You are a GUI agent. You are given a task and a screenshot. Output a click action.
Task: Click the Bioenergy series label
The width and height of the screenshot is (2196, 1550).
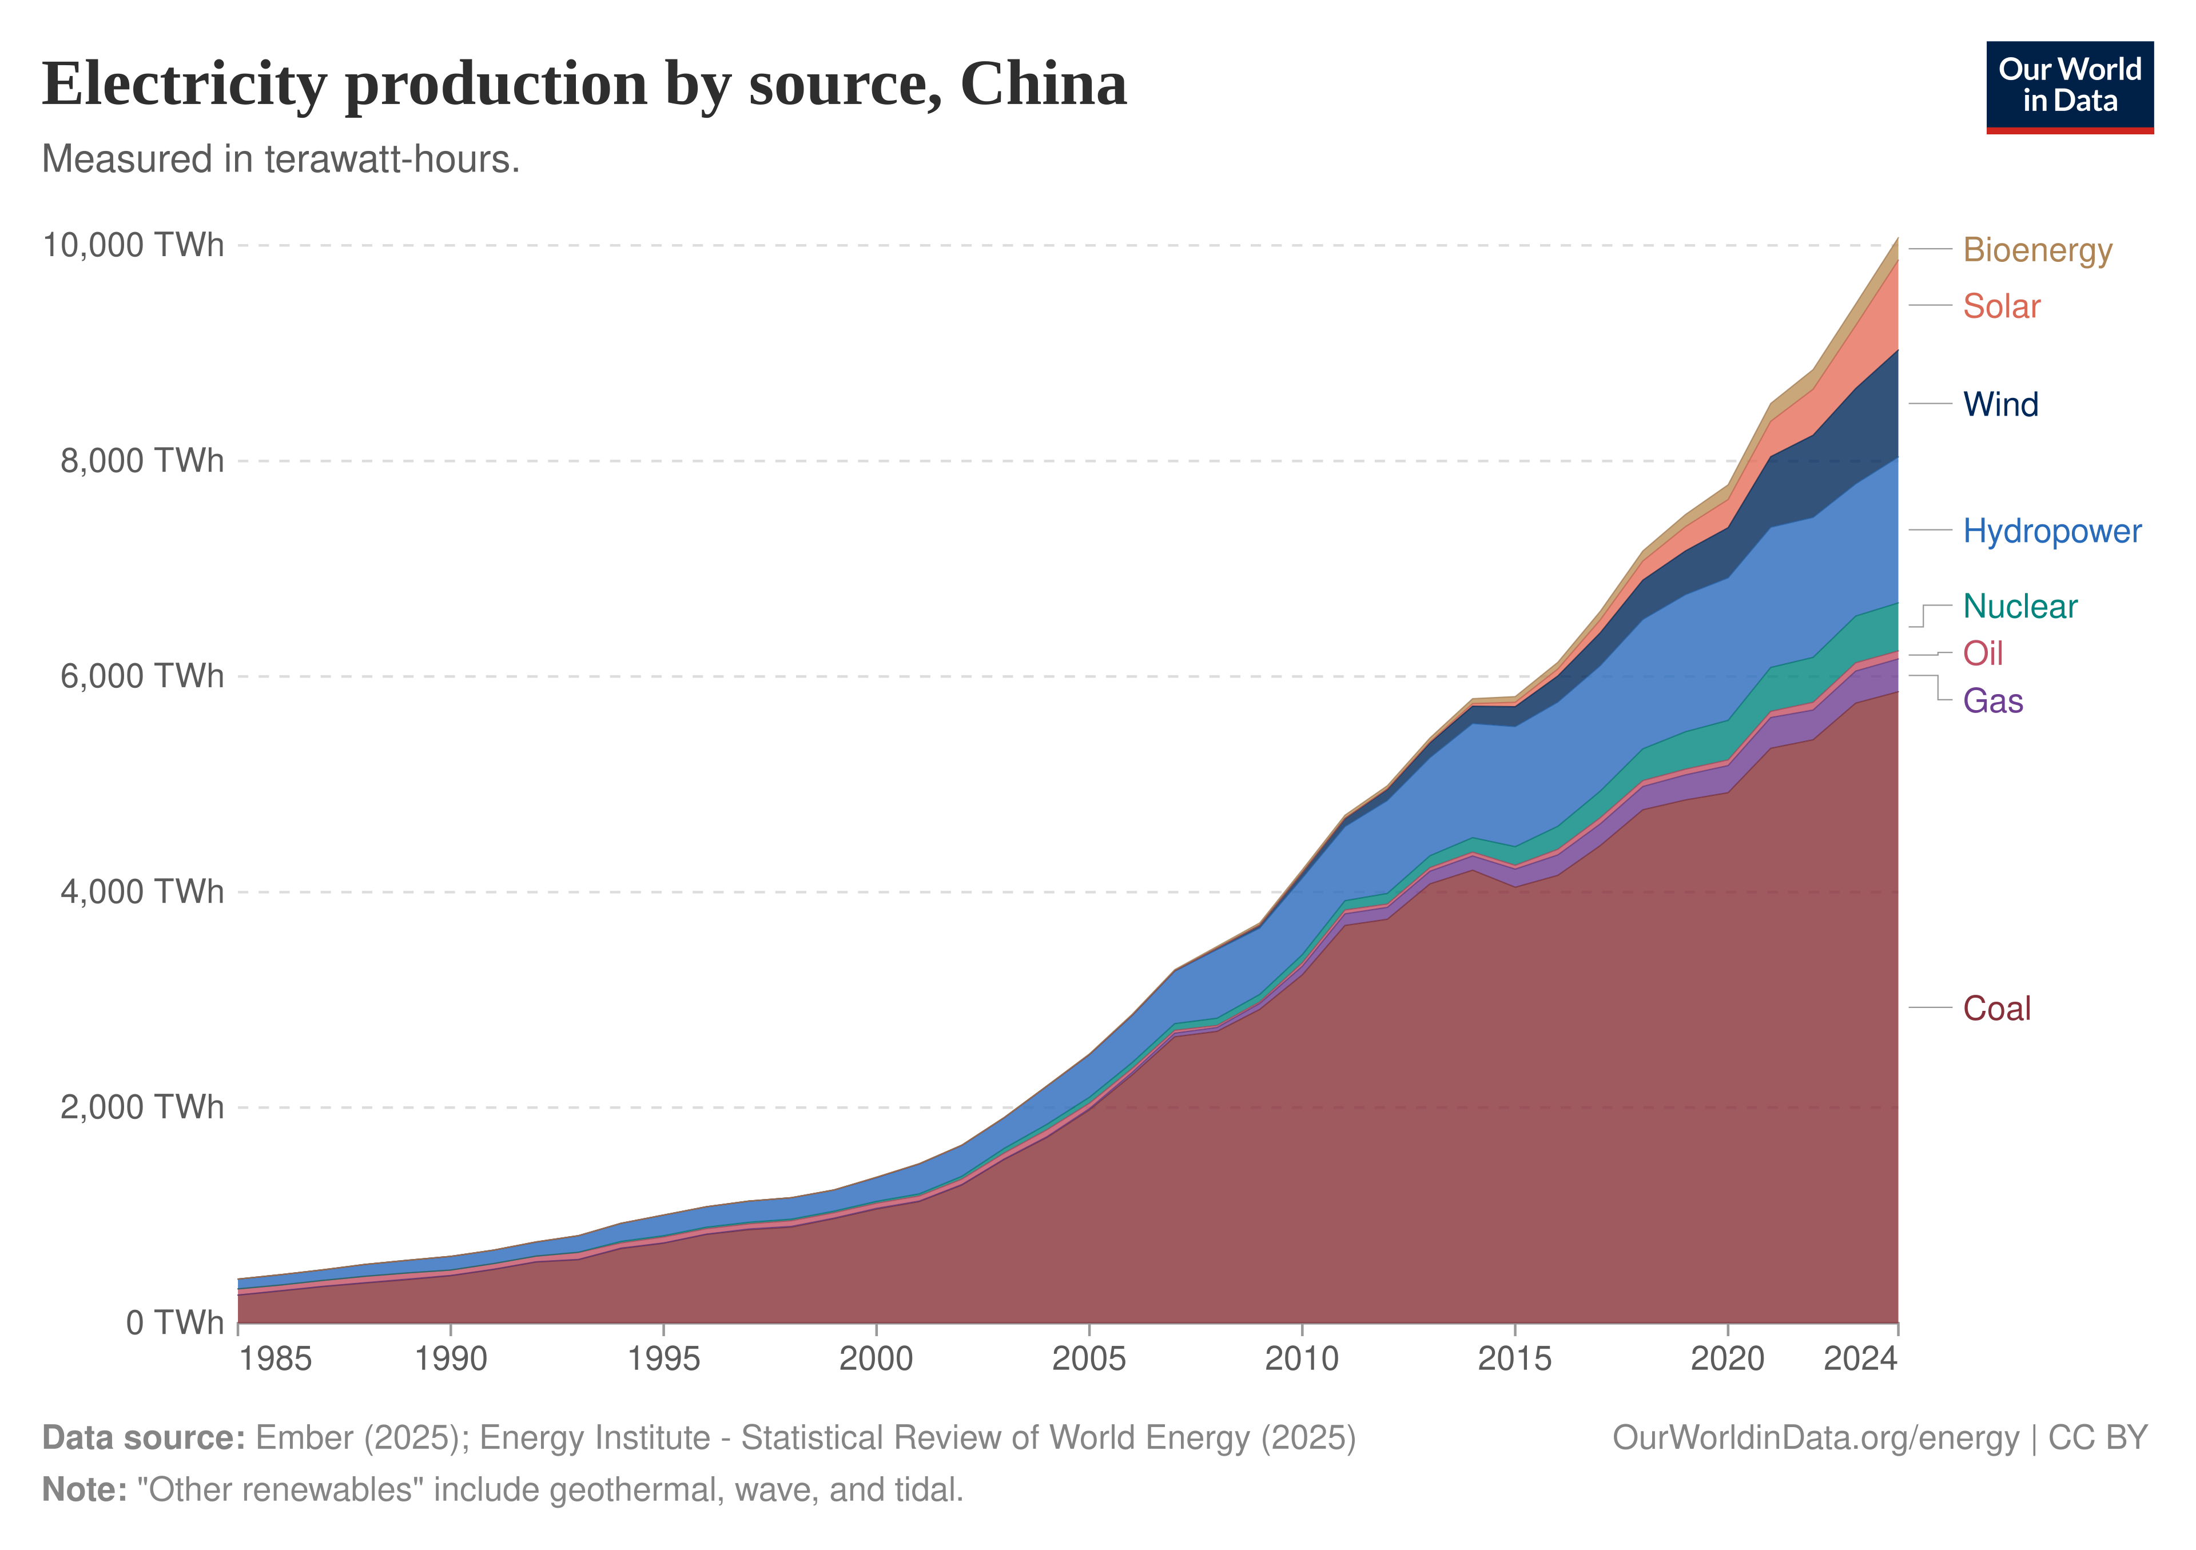[2037, 250]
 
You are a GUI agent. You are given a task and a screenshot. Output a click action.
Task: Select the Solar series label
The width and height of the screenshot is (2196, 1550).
[2001, 306]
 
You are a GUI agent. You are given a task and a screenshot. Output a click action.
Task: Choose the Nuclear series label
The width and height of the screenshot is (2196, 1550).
[2020, 606]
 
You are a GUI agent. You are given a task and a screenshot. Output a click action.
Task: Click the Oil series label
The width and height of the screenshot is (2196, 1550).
[1983, 654]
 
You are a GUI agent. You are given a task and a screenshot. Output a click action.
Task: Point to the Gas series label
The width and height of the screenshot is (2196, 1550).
[1992, 701]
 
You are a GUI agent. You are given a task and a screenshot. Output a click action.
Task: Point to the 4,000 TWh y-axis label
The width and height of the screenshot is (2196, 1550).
[142, 892]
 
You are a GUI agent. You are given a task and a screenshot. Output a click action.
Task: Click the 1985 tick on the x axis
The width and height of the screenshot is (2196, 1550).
[276, 1360]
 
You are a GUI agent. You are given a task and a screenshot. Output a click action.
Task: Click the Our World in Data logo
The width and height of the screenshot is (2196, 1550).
[2070, 87]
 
